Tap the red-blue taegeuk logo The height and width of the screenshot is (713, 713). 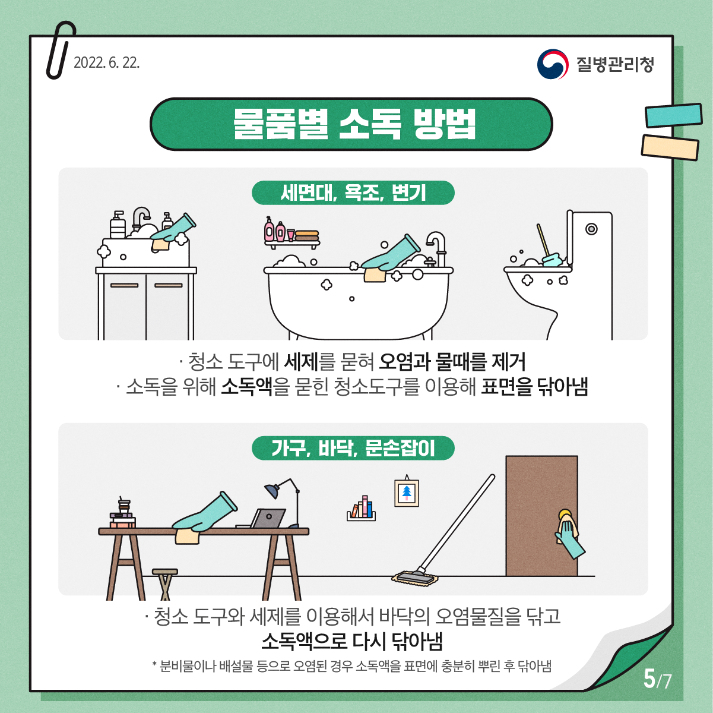pyautogui.click(x=552, y=64)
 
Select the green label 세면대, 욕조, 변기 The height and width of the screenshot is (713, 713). pyautogui.click(x=353, y=193)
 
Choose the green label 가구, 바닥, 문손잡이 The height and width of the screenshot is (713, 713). pyautogui.click(x=353, y=448)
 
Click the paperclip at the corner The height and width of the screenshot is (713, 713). pyautogui.click(x=61, y=50)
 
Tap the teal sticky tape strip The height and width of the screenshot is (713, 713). pyautogui.click(x=673, y=115)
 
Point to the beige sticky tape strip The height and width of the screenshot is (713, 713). pyautogui.click(x=670, y=147)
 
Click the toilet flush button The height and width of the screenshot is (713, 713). pyautogui.click(x=591, y=229)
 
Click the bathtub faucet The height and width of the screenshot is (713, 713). pyautogui.click(x=437, y=245)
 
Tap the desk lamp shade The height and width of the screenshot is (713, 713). pyautogui.click(x=272, y=491)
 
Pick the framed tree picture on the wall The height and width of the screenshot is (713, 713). pyautogui.click(x=407, y=492)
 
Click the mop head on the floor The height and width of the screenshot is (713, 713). pyautogui.click(x=415, y=577)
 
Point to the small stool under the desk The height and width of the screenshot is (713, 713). pyautogui.click(x=165, y=583)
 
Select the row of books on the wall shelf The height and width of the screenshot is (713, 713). pyautogui.click(x=362, y=508)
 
